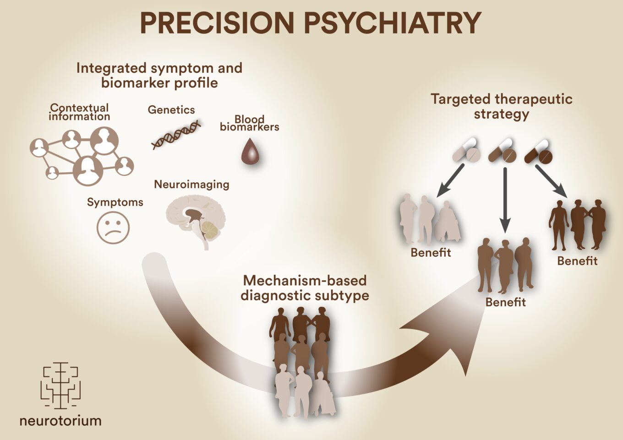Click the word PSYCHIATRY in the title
click(x=392, y=23)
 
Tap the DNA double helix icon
click(x=176, y=135)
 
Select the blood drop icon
click(x=250, y=152)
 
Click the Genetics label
click(x=171, y=110)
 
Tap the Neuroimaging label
click(x=191, y=185)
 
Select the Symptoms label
click(x=115, y=202)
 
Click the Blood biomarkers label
click(x=250, y=123)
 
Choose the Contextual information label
click(x=79, y=112)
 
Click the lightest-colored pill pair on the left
click(x=467, y=151)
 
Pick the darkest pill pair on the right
click(x=539, y=152)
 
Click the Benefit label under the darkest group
click(x=577, y=261)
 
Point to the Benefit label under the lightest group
click(x=431, y=253)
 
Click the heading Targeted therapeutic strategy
click(x=502, y=106)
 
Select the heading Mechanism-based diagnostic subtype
click(x=305, y=288)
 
